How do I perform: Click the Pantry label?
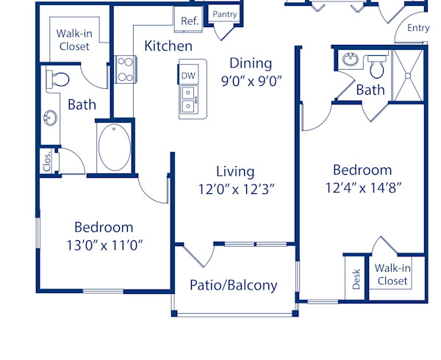click(x=223, y=14)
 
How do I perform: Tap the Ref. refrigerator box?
click(x=190, y=21)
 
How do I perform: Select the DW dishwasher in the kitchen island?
click(x=188, y=75)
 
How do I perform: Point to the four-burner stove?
click(x=124, y=69)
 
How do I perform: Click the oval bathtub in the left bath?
click(x=115, y=148)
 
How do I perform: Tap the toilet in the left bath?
click(x=57, y=76)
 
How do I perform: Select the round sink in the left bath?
click(x=51, y=118)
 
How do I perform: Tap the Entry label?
click(x=418, y=28)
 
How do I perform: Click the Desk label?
click(x=356, y=278)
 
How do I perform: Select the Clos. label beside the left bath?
click(x=47, y=161)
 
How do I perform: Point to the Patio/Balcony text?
click(x=233, y=285)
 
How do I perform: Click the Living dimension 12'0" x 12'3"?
click(x=234, y=190)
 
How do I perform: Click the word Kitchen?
click(x=168, y=46)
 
